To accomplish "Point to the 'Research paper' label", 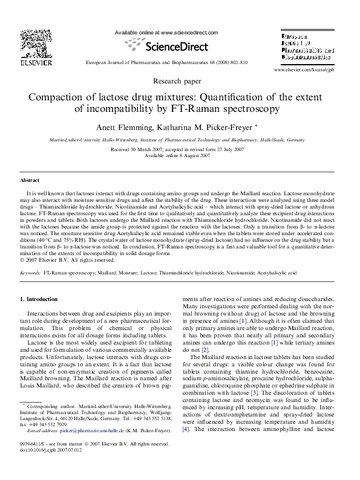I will (x=179, y=80).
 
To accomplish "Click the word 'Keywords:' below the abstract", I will (x=30, y=273).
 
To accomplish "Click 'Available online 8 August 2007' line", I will (x=179, y=154).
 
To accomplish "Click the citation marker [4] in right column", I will (x=186, y=447).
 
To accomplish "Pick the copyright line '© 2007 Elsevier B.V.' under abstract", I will (x=67, y=261).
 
